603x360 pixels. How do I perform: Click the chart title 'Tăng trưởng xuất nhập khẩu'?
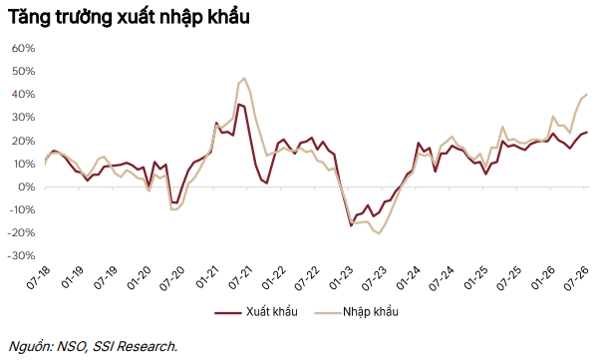129,17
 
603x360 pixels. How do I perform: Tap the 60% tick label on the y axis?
24,49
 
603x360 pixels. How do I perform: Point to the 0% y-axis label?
27,187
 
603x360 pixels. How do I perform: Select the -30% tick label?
22,256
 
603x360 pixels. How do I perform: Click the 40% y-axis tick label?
24,95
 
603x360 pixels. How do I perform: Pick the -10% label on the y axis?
22,210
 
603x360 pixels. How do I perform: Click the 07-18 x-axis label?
39,277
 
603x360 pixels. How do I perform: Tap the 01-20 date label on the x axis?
140,277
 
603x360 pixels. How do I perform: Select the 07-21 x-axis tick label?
240,277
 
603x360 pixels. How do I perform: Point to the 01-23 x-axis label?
341,277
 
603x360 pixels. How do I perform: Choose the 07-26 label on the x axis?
576,277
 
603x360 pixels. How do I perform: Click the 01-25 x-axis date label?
475,277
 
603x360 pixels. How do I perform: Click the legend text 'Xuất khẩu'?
272,311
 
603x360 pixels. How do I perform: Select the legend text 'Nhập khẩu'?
371,311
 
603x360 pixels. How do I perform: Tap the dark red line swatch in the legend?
228,313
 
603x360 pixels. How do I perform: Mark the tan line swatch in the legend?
328,313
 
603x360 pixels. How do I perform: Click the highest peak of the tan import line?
244,78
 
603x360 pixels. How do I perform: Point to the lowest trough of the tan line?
379,233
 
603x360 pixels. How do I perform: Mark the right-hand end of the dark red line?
587,133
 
